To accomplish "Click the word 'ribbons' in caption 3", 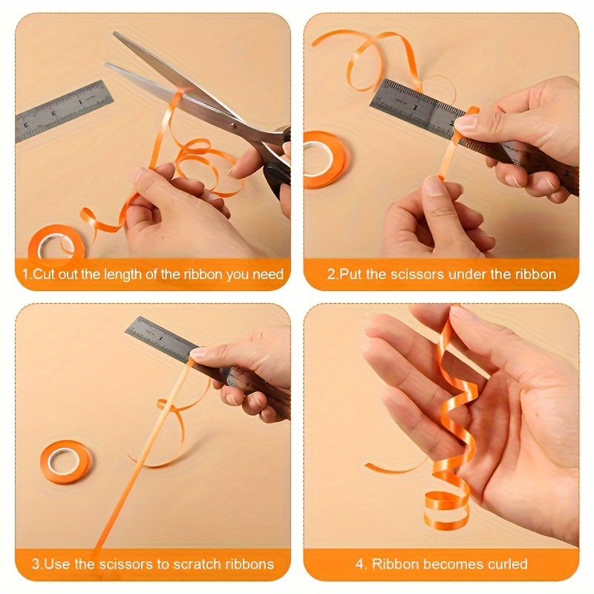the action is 250,564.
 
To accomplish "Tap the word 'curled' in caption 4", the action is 508,564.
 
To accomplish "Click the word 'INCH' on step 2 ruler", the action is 400,101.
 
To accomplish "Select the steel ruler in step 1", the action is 64,112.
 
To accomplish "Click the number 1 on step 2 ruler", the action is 416,108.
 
